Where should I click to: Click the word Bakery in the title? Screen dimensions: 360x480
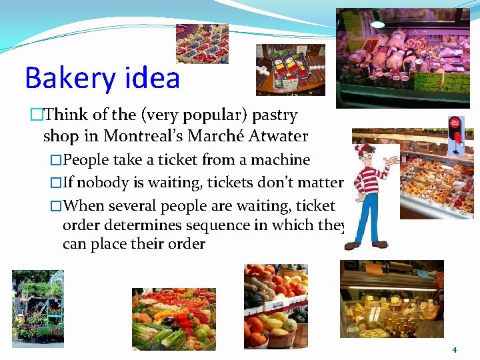[x=60, y=79]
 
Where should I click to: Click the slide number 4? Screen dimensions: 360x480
[x=454, y=349]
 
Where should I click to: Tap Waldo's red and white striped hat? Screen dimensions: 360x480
[x=365, y=150]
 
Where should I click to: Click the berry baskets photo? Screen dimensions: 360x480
[x=201, y=43]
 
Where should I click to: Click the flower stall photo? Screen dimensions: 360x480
[x=38, y=307]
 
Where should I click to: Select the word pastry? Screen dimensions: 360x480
[x=275, y=115]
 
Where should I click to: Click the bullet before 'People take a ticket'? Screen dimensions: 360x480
[x=56, y=160]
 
